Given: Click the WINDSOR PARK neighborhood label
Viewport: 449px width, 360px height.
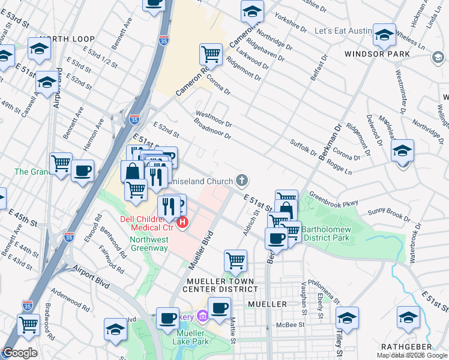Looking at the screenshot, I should (377, 54).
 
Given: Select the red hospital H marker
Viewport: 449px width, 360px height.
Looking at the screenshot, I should (182, 224).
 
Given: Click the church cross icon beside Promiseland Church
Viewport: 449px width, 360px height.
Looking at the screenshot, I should (241, 180).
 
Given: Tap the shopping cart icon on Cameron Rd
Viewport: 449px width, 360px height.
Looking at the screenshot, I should (211, 55).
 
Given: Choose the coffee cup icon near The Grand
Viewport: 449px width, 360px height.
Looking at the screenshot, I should (83, 171).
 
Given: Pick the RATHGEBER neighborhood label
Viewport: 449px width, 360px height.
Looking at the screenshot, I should (406, 347).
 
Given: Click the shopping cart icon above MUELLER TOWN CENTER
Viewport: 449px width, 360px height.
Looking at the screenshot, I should (235, 261).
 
